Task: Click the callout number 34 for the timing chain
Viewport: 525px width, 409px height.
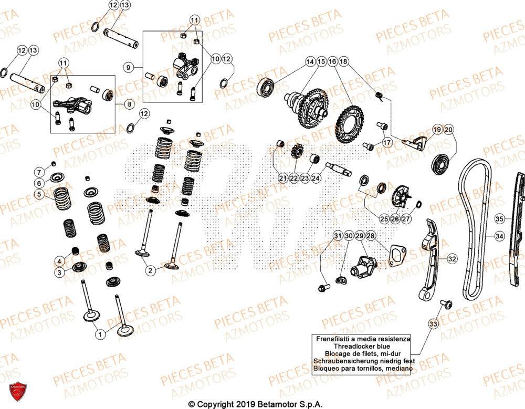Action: (499, 236)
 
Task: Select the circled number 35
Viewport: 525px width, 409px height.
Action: (499, 218)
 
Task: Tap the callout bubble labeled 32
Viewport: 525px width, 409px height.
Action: (451, 259)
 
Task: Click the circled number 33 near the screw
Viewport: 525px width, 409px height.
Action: (433, 324)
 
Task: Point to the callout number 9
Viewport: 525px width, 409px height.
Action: (129, 67)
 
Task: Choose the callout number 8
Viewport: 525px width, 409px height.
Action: (129, 104)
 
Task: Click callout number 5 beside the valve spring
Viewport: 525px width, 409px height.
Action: (39, 194)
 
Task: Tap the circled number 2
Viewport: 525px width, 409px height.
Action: (151, 270)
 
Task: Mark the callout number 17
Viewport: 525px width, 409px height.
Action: (387, 142)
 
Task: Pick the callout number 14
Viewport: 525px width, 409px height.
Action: (310, 61)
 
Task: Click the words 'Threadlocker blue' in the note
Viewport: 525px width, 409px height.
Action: (363, 347)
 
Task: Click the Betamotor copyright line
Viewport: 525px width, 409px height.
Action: (255, 404)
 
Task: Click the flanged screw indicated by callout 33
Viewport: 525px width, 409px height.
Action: (446, 305)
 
